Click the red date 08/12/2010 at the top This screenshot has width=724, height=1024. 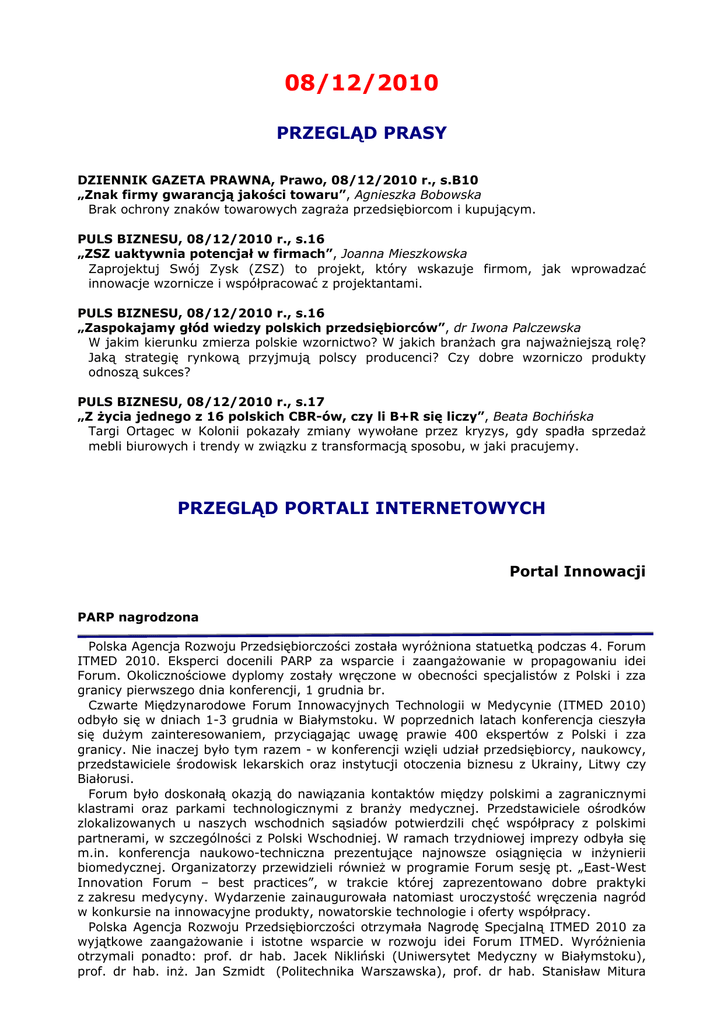click(361, 83)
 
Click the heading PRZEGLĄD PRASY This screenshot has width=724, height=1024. click(361, 133)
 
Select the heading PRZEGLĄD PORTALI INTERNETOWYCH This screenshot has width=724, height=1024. click(361, 508)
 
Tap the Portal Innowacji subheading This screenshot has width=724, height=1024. click(577, 571)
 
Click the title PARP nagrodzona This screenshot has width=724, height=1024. click(138, 617)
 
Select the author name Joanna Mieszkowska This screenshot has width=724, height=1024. click(405, 254)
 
